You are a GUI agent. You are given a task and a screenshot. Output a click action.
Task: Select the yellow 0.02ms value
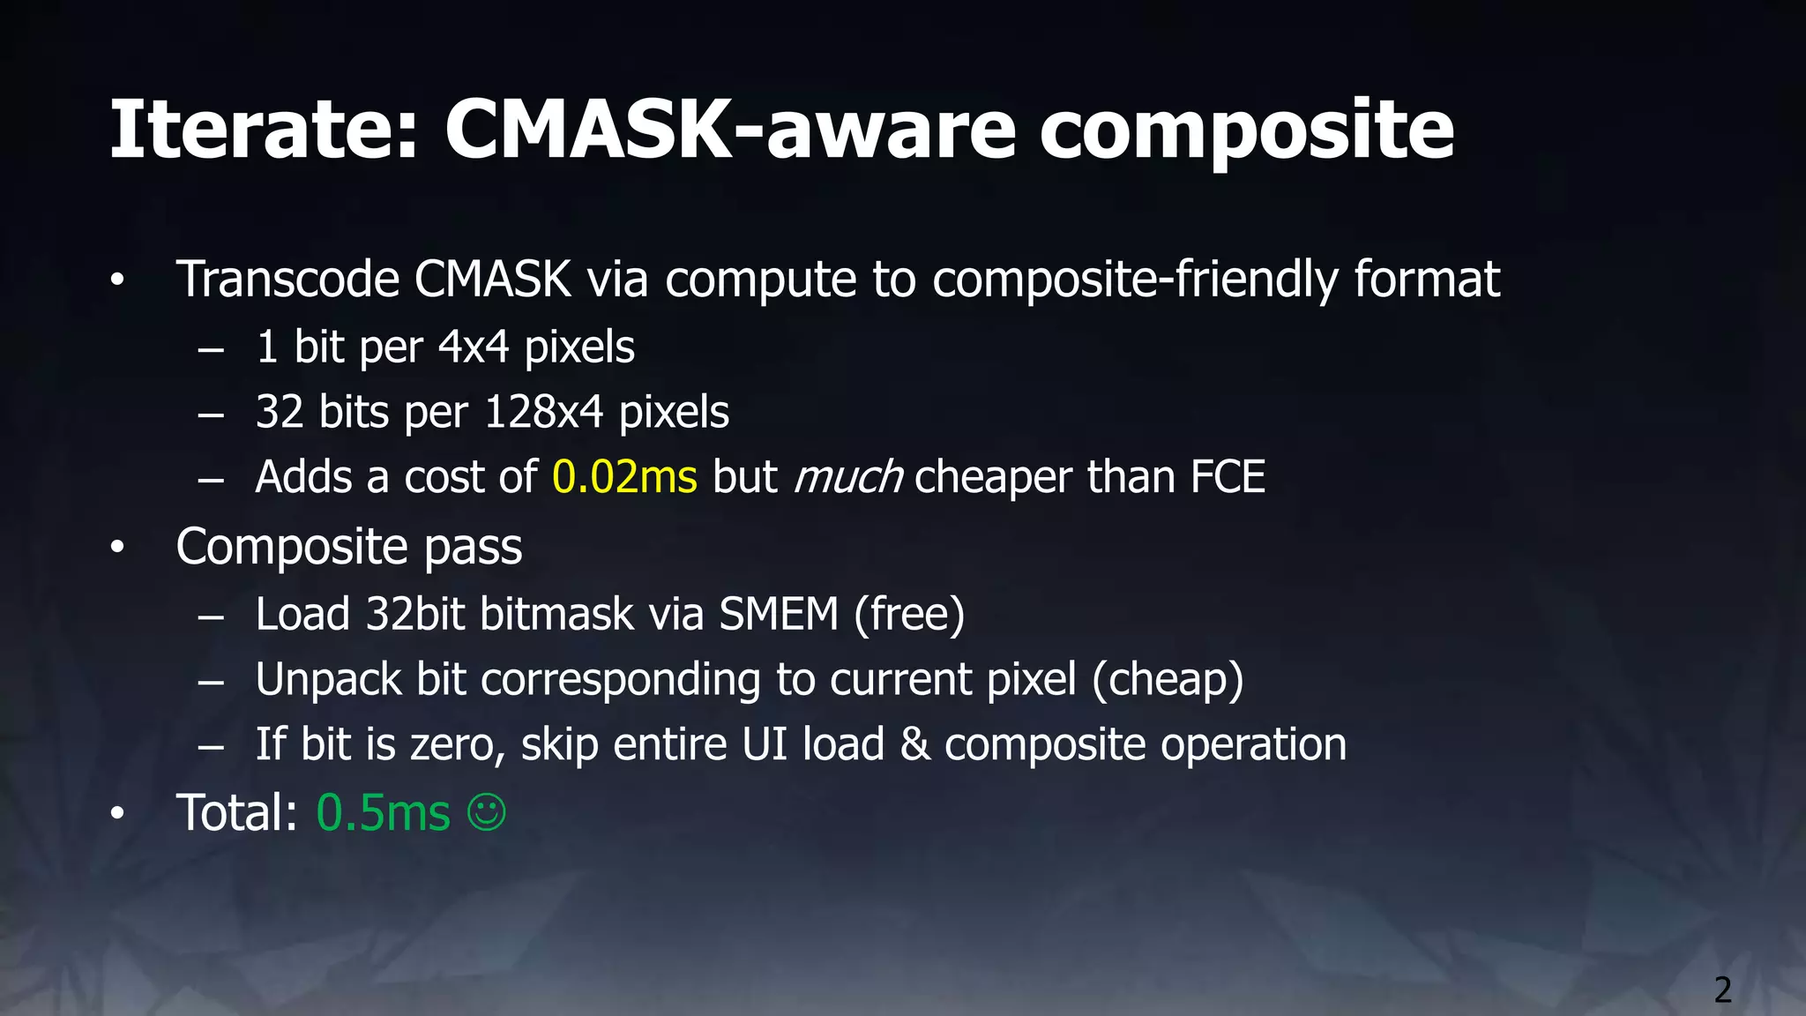pyautogui.click(x=624, y=477)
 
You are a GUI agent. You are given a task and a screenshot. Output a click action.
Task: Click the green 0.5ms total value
pyautogui.click(x=383, y=812)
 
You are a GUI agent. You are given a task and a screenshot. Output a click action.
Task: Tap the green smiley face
pyautogui.click(x=487, y=811)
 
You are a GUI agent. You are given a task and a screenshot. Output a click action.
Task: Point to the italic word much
pyautogui.click(x=847, y=477)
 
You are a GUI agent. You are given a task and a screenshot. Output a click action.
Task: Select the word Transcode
pyautogui.click(x=287, y=280)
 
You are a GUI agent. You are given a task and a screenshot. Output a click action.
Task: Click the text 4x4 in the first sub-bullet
pyautogui.click(x=474, y=347)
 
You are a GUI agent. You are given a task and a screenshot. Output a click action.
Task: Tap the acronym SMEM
pyautogui.click(x=778, y=614)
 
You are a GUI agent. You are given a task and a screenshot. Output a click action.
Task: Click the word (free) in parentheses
pyautogui.click(x=909, y=614)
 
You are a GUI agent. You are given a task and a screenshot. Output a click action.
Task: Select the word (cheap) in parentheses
pyautogui.click(x=1168, y=679)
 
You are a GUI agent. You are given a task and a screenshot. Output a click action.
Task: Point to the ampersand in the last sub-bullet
pyautogui.click(x=914, y=744)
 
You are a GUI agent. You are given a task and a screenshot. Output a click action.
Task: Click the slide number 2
pyautogui.click(x=1722, y=990)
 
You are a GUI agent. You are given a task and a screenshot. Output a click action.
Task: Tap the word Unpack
pyautogui.click(x=328, y=679)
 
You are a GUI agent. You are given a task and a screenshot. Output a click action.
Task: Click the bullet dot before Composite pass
pyautogui.click(x=118, y=548)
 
